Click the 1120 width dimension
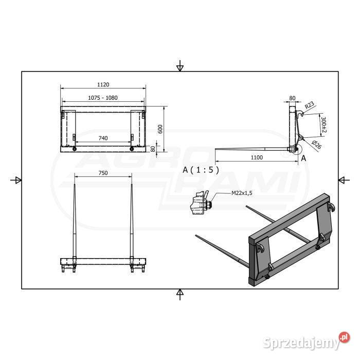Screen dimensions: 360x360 103,84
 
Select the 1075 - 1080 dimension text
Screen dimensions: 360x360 103,98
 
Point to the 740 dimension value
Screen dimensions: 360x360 103,138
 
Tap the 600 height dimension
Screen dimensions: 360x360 160,129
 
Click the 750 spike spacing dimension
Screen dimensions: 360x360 103,173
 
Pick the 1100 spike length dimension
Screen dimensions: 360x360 257,157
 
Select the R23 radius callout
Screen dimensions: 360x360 309,105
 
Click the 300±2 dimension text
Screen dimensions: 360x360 323,124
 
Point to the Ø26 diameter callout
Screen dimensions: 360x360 316,145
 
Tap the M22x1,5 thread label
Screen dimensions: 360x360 242,193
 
